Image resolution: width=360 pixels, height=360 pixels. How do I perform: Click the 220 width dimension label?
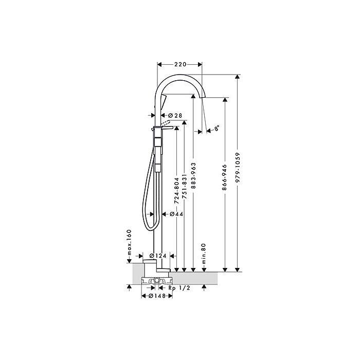tap(179, 65)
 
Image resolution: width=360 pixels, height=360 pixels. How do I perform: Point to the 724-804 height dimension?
tap(176, 189)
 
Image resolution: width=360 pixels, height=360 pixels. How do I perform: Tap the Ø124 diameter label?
tap(156, 255)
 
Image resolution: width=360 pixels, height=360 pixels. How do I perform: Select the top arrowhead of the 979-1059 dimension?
tap(237, 77)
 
